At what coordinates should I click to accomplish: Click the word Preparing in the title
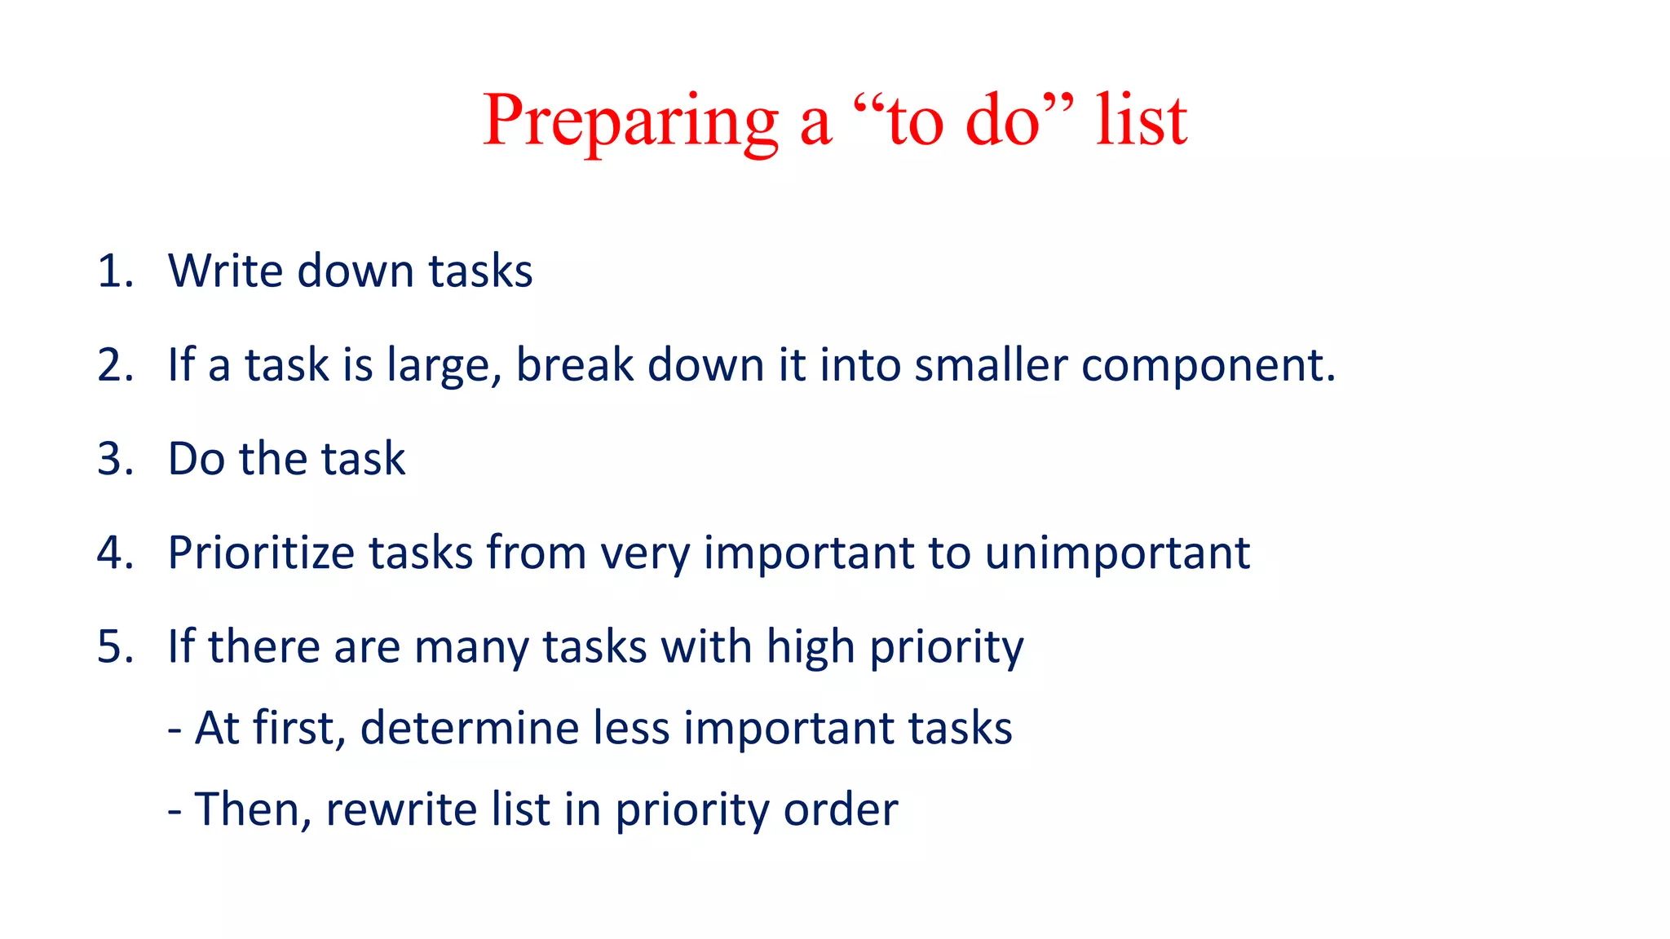[x=630, y=122]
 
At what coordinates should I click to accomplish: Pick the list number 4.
[x=114, y=553]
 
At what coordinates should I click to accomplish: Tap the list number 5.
[x=114, y=646]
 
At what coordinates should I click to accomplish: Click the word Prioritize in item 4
[x=261, y=553]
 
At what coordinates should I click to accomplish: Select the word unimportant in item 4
[x=1117, y=554]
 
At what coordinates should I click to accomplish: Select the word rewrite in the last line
[x=401, y=809]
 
